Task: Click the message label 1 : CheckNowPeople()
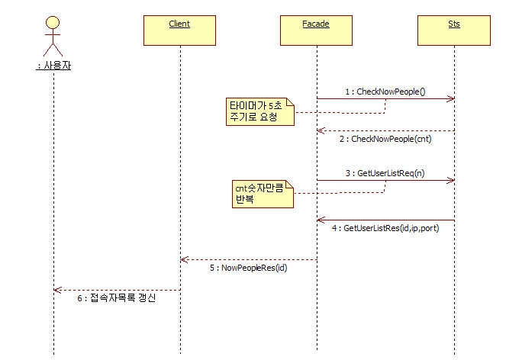(385, 92)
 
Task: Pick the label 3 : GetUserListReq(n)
(385, 173)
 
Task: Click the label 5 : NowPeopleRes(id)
(248, 268)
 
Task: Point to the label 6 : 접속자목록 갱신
(117, 298)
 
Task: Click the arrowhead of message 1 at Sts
(452, 98)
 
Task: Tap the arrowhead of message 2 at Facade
(321, 130)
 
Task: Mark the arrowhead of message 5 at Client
(183, 259)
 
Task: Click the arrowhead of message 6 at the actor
(57, 289)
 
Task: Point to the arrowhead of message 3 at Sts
(452, 181)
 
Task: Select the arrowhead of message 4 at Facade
(321, 220)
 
